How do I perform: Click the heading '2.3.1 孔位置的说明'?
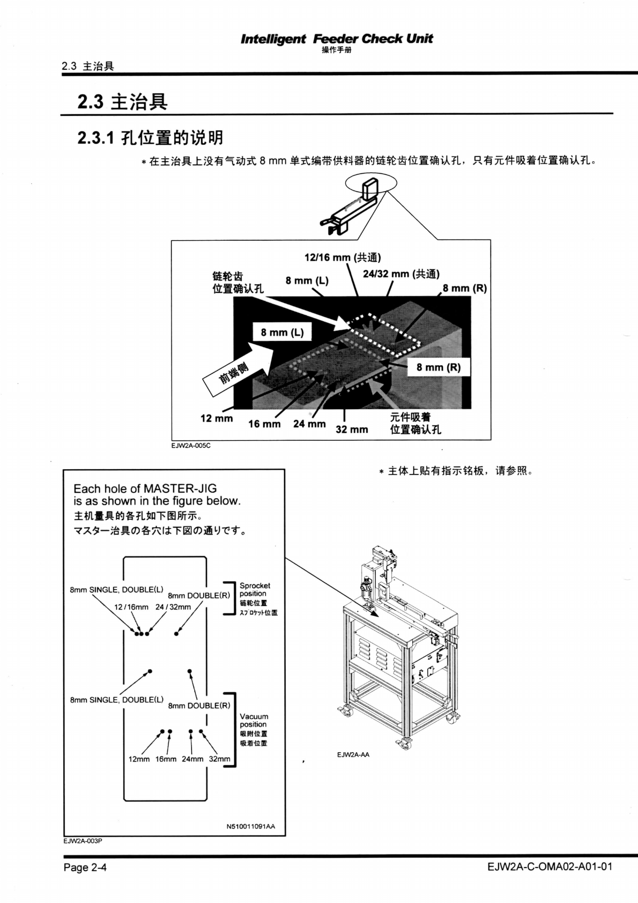point(150,138)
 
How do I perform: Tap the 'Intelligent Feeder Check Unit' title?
point(337,39)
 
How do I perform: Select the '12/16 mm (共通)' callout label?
point(343,257)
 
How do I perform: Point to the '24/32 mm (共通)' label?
point(401,274)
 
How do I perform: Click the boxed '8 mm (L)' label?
point(282,332)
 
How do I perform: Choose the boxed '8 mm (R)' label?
point(439,367)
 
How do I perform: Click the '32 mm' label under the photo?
point(352,429)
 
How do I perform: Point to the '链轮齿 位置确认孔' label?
point(238,283)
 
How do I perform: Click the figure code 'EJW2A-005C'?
point(191,445)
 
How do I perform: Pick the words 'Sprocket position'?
point(255,590)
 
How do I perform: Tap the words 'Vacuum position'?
point(254,720)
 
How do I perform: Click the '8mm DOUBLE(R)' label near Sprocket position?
point(199,595)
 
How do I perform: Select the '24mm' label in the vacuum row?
point(192,759)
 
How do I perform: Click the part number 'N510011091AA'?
point(251,826)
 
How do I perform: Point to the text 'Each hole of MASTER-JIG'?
point(145,488)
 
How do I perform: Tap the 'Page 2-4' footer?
point(85,867)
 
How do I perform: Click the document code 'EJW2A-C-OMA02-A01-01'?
point(550,867)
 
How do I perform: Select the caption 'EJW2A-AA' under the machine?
point(353,754)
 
